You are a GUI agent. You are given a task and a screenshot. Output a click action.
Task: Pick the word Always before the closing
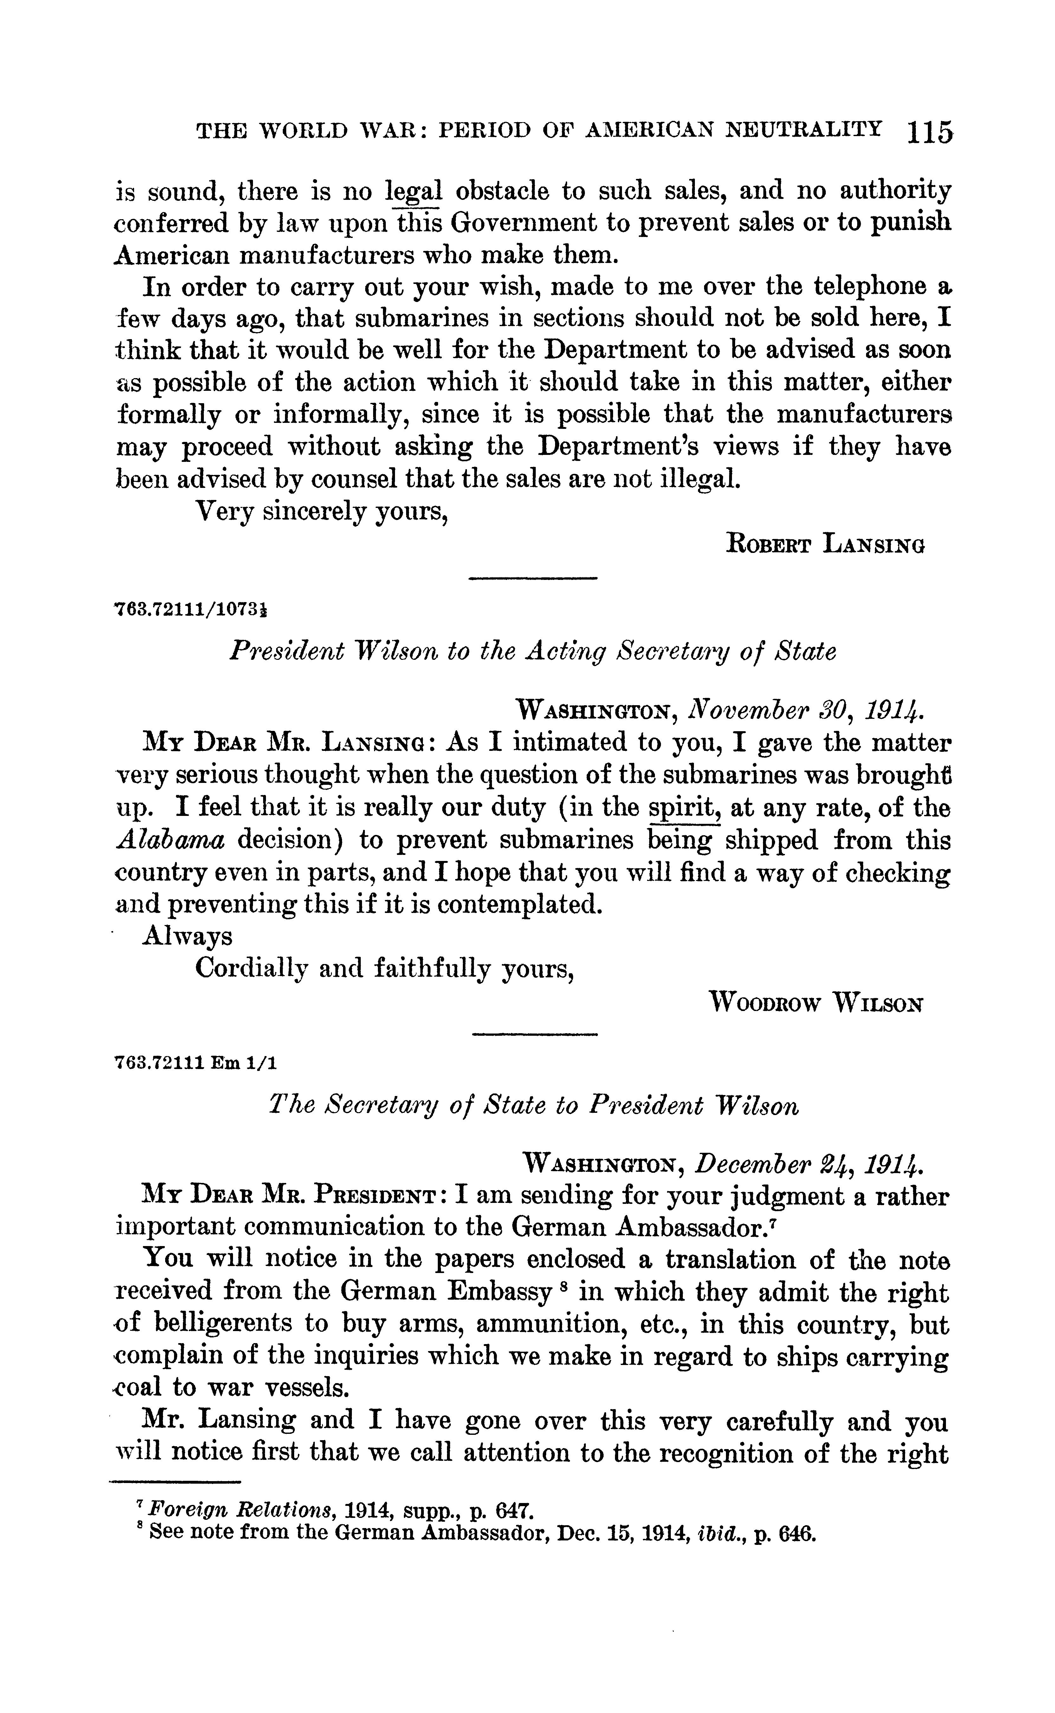point(187,936)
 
